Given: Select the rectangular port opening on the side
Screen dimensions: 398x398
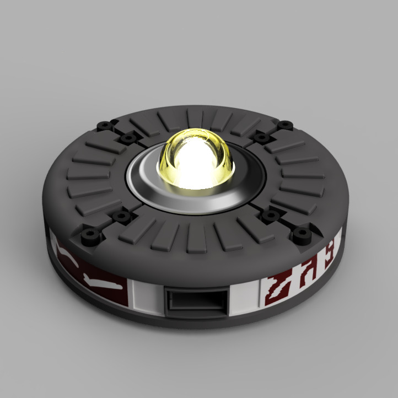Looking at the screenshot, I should pyautogui.click(x=196, y=302).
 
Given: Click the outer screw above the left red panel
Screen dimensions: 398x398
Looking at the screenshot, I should pyautogui.click(x=89, y=237).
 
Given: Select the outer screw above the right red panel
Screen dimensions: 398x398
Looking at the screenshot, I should pyautogui.click(x=301, y=236).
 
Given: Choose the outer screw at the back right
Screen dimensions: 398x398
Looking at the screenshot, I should pyautogui.click(x=284, y=125).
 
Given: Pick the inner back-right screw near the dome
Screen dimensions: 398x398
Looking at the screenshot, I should pyautogui.click(x=259, y=136).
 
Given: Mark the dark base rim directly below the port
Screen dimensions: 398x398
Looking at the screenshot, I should pyautogui.click(x=196, y=331).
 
